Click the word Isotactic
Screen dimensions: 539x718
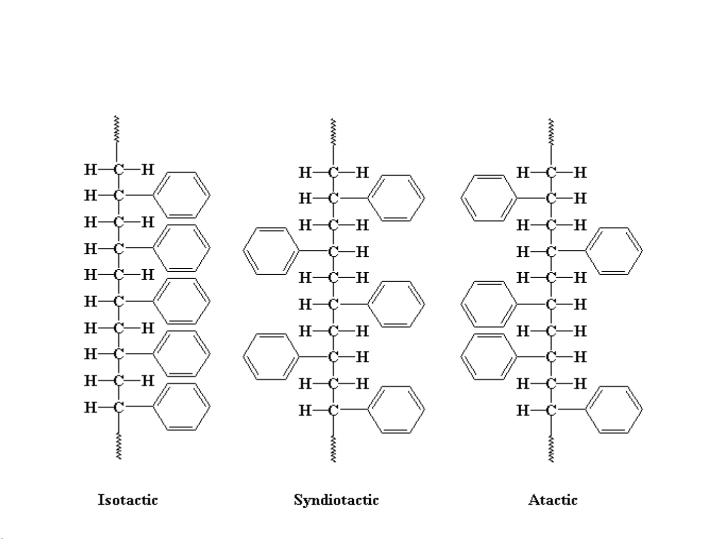(x=128, y=500)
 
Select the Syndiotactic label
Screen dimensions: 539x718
(x=336, y=500)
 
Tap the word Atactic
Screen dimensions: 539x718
(x=553, y=500)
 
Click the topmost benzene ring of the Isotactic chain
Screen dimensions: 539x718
(x=181, y=195)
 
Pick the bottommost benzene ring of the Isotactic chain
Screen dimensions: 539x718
(x=181, y=407)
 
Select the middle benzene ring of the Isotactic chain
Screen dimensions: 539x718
(x=181, y=301)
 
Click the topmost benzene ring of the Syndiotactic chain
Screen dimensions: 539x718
(x=397, y=198)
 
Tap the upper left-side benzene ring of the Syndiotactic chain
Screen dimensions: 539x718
(x=271, y=251)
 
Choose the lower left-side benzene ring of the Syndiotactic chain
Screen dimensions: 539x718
(x=271, y=357)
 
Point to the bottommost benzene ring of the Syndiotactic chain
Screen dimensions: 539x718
(x=397, y=410)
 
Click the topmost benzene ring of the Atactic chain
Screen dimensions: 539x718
(x=489, y=198)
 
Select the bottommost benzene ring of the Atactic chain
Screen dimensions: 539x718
(x=614, y=410)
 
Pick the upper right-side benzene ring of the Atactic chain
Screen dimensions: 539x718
(x=614, y=251)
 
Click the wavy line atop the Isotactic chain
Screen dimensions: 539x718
(x=117, y=130)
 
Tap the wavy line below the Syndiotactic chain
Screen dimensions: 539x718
(x=333, y=449)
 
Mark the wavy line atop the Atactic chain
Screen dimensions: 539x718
(x=551, y=132)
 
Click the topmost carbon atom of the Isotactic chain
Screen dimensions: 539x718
(x=118, y=170)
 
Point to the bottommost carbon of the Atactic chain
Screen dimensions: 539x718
(x=551, y=410)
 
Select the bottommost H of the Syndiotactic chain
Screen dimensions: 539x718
(x=304, y=410)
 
